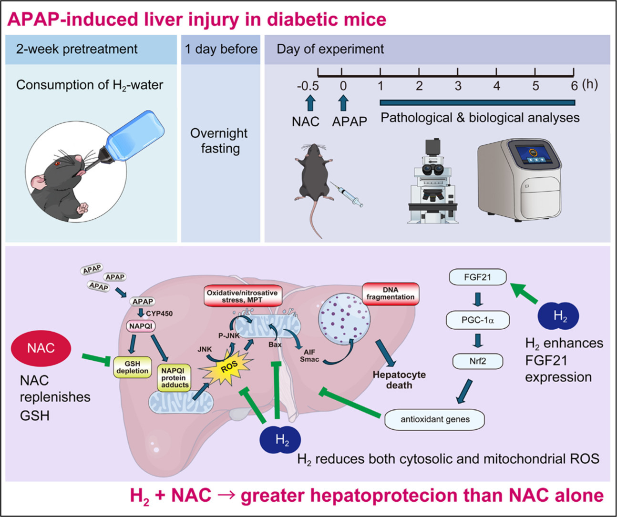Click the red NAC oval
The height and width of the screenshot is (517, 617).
point(41,348)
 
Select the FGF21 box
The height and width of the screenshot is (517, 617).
point(478,277)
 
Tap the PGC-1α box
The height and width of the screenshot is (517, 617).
point(478,320)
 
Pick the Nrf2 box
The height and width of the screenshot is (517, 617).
point(478,361)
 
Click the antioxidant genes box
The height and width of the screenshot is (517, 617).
point(435,420)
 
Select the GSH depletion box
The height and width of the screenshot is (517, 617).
point(132,367)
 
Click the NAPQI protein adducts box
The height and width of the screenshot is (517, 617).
point(175,377)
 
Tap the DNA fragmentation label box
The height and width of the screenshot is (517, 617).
point(391,294)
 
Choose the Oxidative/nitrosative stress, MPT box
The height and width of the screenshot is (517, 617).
point(242,296)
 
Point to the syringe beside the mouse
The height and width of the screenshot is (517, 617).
point(350,196)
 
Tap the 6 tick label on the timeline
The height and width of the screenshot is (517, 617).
point(575,86)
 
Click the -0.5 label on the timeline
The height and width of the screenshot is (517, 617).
point(308,86)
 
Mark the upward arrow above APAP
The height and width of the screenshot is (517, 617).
point(343,102)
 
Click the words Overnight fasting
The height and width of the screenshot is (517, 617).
point(219,141)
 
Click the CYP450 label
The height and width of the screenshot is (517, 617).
point(159,314)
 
